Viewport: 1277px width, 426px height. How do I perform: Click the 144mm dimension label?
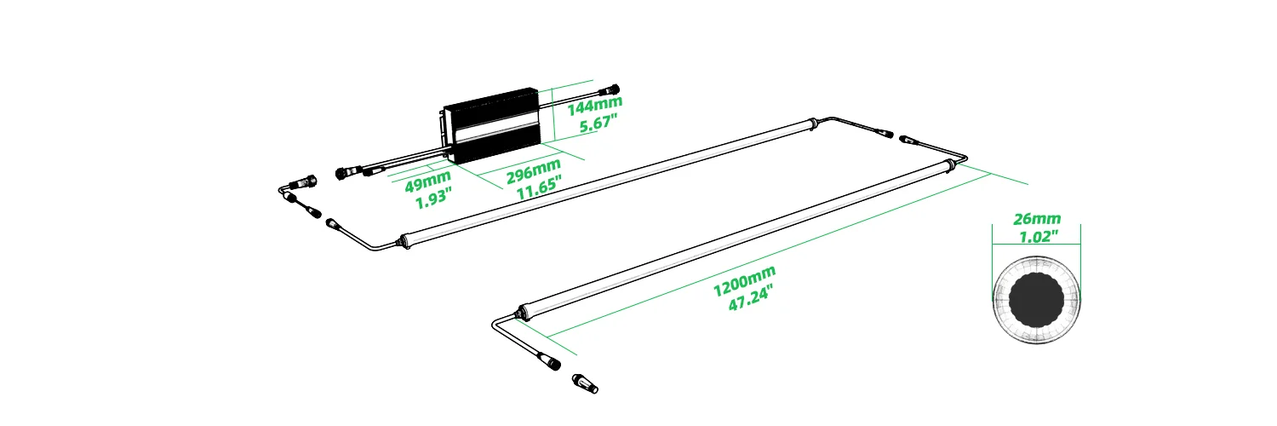[594, 105]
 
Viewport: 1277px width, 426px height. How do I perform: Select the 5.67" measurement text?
[598, 124]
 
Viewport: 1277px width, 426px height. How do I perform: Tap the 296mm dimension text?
[534, 170]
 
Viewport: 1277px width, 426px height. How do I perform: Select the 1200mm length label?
[745, 280]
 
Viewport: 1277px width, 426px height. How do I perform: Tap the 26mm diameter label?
[1036, 218]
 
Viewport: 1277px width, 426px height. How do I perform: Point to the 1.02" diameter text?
[1039, 236]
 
